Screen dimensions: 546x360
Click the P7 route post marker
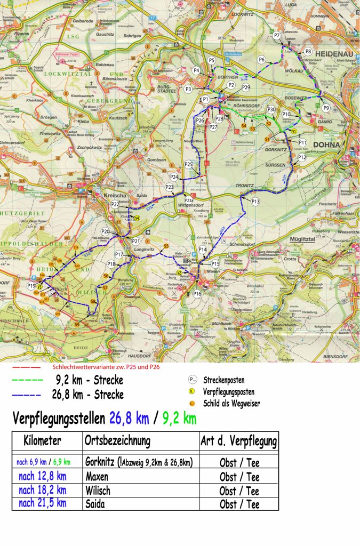277,35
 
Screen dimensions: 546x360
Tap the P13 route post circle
255,202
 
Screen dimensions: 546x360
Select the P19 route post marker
31,286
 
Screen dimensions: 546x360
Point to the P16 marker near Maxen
197,294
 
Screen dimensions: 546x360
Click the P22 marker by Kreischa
115,205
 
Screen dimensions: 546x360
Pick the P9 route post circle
326,108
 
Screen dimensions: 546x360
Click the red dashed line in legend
26,367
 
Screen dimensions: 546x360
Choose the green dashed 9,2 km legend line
27,381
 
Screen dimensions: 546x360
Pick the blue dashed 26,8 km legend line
27,395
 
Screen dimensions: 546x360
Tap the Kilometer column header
43,441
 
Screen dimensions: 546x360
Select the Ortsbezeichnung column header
117,441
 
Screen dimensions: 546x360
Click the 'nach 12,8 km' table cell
43,477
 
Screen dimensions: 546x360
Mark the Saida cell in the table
95,504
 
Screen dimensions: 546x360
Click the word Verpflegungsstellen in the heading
59,418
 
